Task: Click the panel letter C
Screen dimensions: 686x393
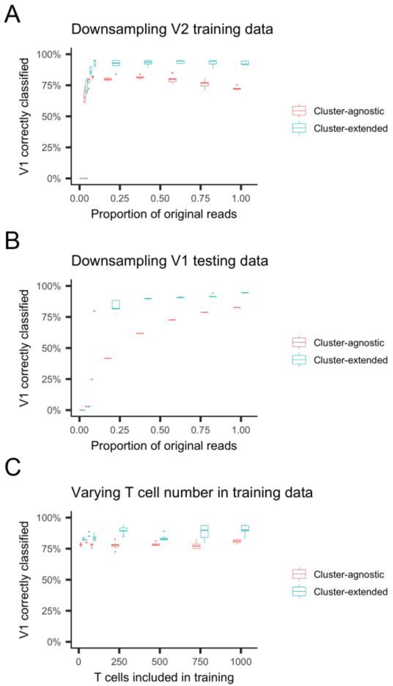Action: (x=13, y=468)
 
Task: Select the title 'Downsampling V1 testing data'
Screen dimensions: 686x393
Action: (x=169, y=261)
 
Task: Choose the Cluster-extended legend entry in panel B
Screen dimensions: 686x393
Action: (x=350, y=360)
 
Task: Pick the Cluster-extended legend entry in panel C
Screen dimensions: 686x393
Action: (x=350, y=592)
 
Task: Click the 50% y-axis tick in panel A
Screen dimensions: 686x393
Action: (x=51, y=117)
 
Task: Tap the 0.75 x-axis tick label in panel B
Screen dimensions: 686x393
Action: (x=200, y=430)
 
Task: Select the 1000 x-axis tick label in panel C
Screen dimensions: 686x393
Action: (x=241, y=662)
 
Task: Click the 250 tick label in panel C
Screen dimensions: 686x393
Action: (x=119, y=662)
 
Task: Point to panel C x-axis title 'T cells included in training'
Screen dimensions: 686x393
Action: (x=164, y=677)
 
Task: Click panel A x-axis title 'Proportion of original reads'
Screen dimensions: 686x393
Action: (x=164, y=214)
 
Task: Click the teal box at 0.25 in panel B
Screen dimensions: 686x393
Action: (x=116, y=304)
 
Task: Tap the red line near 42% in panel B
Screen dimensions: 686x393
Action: (x=108, y=358)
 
